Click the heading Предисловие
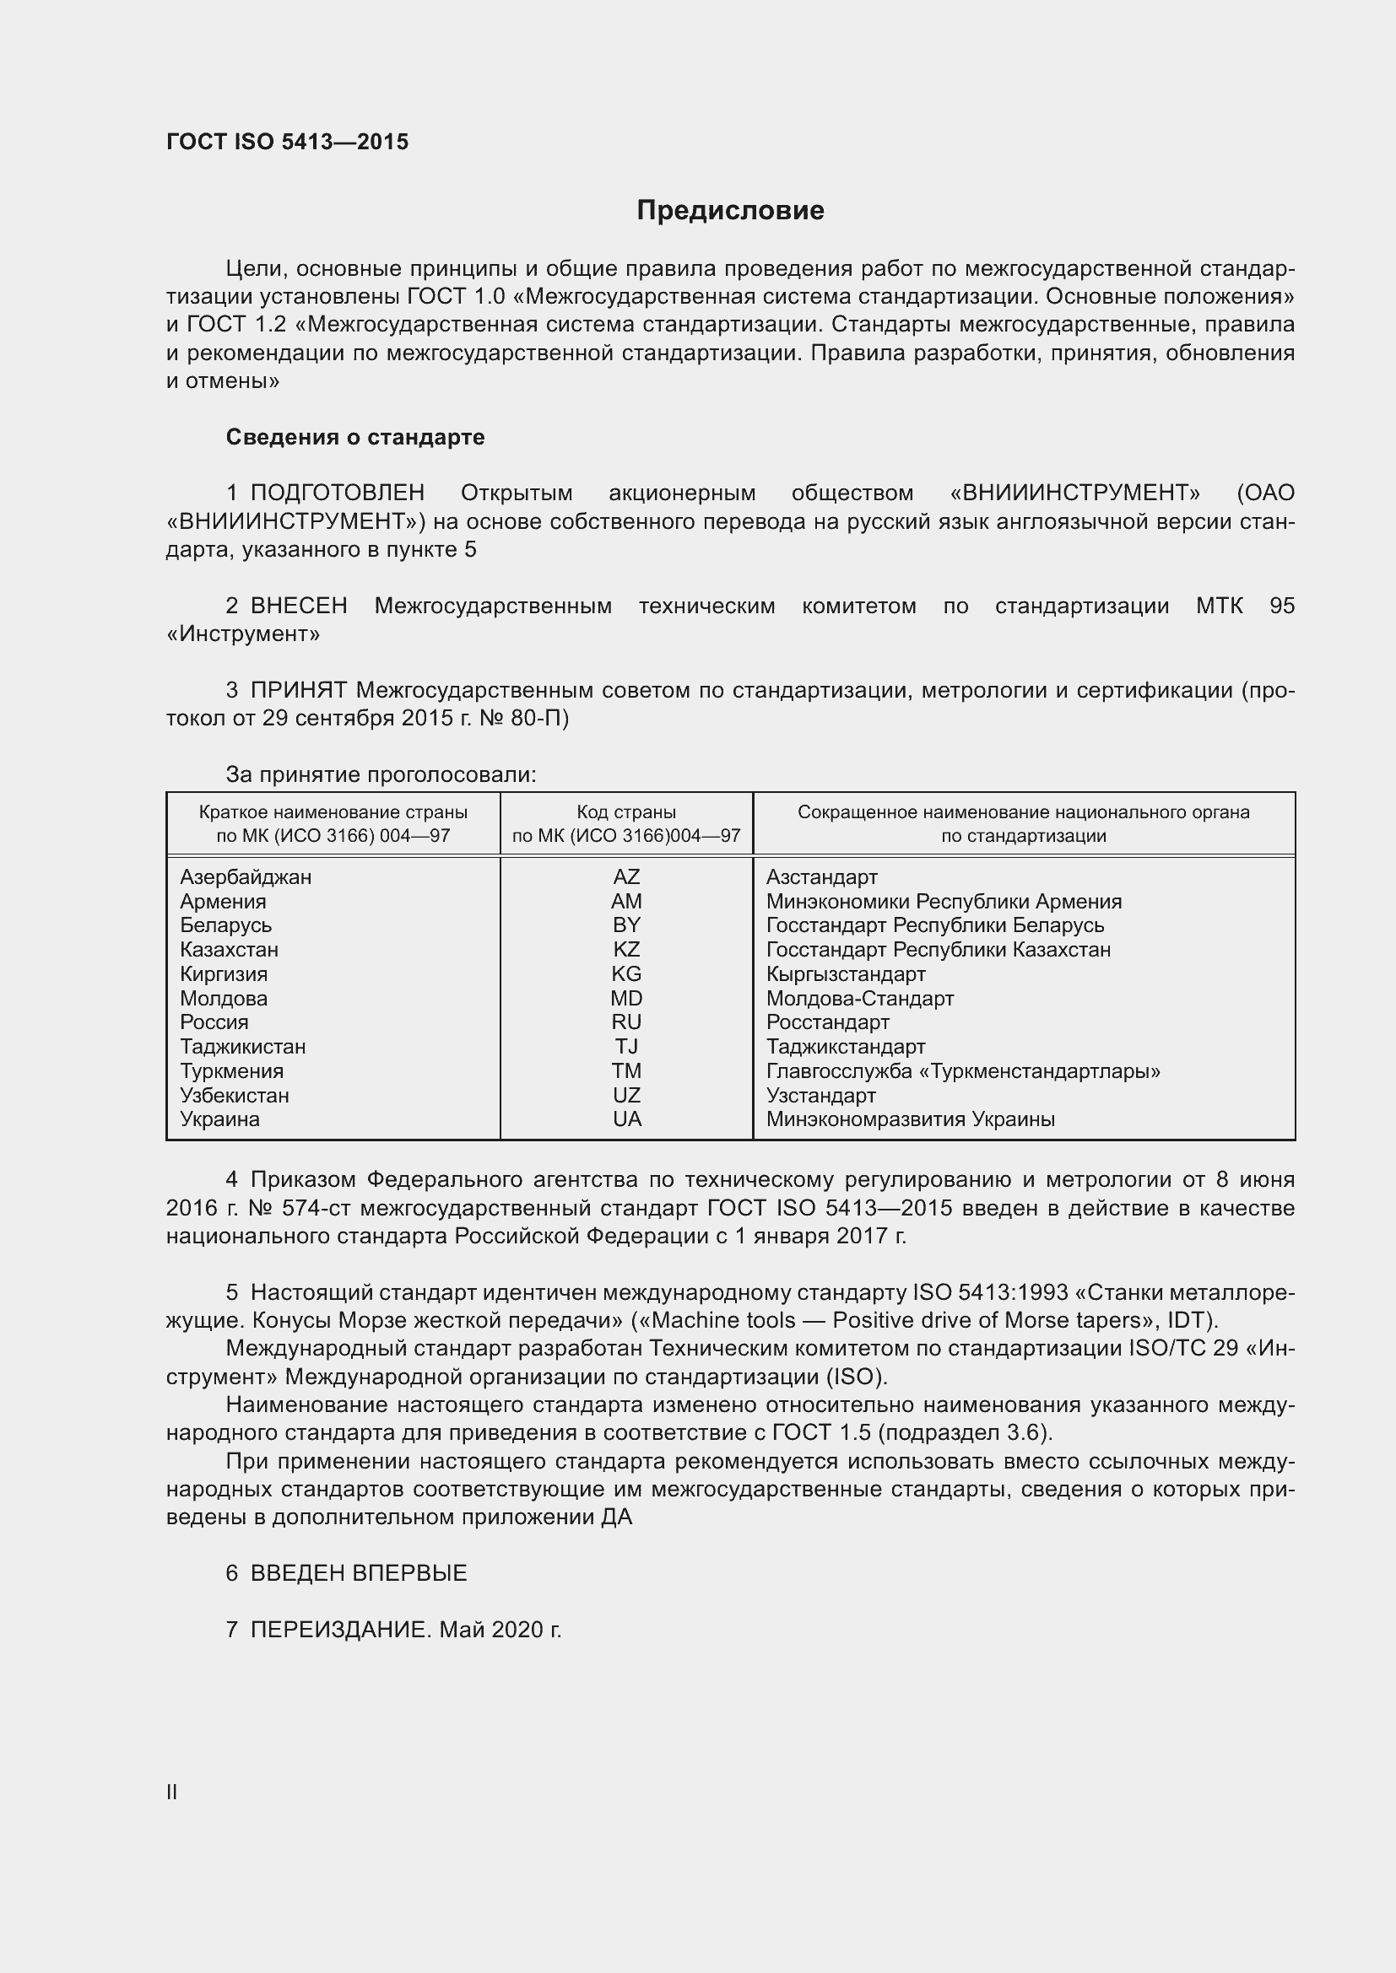pos(730,211)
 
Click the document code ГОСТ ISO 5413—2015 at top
pos(287,142)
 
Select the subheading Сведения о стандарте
pos(355,438)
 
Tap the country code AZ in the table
pos(625,876)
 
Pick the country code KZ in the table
pos(625,950)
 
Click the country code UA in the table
pos(625,1119)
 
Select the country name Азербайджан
pos(246,876)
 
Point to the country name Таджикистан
pos(242,1047)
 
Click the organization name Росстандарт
pos(827,1022)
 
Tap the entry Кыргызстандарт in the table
pos(845,973)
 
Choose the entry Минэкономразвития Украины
pos(911,1119)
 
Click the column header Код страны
pos(625,812)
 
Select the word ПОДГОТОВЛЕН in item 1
pos(337,493)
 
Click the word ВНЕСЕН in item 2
pos(298,606)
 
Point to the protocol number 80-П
pos(538,719)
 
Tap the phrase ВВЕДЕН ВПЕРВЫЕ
pos(359,1573)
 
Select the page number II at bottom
pos(172,1792)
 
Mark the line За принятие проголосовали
pos(381,775)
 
